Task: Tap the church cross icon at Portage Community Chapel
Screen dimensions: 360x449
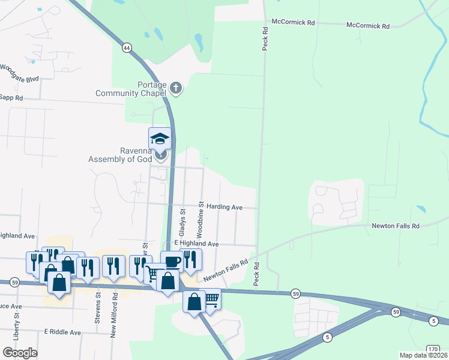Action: click(x=176, y=89)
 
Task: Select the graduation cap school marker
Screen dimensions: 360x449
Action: click(x=160, y=140)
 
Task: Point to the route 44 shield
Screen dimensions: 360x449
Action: click(x=126, y=48)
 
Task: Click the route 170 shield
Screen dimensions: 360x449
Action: click(x=433, y=349)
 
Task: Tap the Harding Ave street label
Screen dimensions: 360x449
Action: click(x=224, y=207)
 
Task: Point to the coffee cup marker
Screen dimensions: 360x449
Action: click(x=172, y=262)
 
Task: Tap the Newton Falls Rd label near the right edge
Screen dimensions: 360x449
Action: click(x=395, y=226)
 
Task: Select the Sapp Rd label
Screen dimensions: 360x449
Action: click(x=11, y=97)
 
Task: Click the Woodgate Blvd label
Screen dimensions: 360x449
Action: click(x=19, y=76)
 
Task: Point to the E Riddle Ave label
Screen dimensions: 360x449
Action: click(x=62, y=332)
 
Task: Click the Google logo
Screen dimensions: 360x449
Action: click(x=20, y=352)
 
